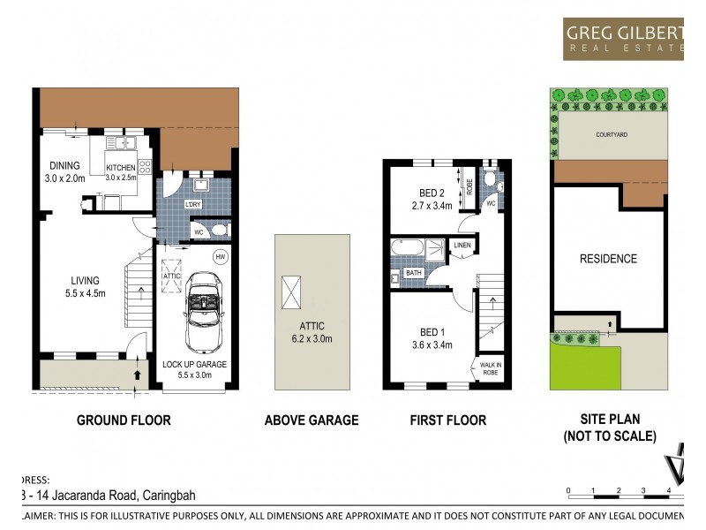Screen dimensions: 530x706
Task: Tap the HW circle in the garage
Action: coord(220,257)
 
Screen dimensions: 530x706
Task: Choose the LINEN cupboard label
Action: coord(462,245)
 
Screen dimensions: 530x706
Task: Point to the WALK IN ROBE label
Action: coord(489,368)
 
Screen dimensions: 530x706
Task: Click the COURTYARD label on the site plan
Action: coord(610,135)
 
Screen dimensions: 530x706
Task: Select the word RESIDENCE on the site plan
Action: coord(608,259)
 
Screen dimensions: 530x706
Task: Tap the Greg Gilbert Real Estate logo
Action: coord(623,38)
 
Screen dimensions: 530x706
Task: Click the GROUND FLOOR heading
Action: coord(123,420)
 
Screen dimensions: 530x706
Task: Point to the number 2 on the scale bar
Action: coord(619,489)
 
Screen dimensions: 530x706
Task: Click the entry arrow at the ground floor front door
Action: coord(135,375)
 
